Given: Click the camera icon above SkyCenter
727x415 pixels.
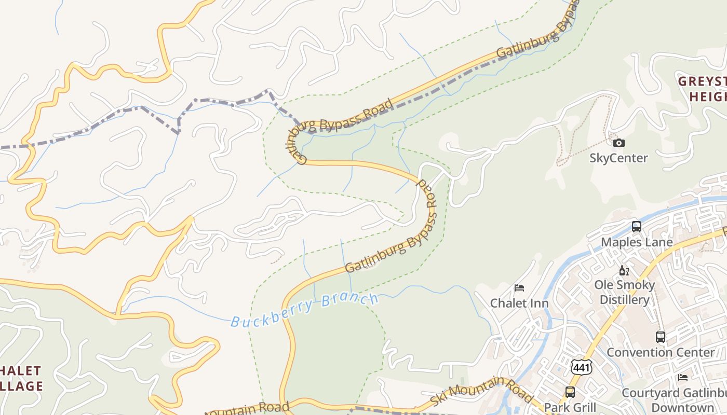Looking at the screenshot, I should tap(618, 143).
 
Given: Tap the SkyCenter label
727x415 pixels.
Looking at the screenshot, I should tap(618, 158).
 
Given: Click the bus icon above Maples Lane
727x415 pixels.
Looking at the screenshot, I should tap(637, 227).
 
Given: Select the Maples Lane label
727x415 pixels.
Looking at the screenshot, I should tap(637, 242).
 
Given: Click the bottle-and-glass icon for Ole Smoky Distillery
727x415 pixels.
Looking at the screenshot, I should tap(624, 270).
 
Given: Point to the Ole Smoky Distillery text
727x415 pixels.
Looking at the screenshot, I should tap(625, 292).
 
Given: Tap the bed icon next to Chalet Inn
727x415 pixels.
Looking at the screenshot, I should tap(519, 288).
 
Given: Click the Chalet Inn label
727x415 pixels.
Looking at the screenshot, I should tap(519, 303).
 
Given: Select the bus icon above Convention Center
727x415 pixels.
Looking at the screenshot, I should tap(660, 337).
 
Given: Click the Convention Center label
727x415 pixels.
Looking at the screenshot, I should tap(660, 352).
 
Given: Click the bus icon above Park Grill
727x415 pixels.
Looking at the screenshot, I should tap(570, 392).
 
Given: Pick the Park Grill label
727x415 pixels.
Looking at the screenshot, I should tap(570, 407).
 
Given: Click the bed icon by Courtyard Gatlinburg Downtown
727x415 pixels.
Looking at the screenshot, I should tap(683, 378).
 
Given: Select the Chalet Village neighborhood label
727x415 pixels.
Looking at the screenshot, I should tap(21, 378).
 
